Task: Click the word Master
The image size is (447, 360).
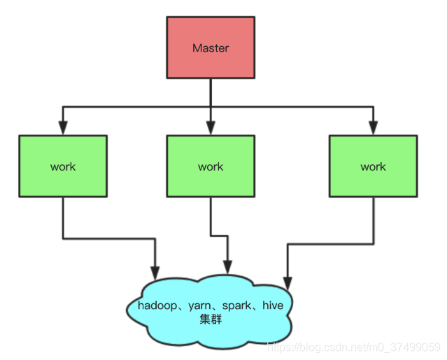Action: [x=211, y=48]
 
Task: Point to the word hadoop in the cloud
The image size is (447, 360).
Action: [x=159, y=305]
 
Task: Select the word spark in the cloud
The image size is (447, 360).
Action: [x=238, y=305]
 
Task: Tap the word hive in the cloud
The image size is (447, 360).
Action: [x=273, y=305]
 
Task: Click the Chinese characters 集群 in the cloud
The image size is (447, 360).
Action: [x=211, y=318]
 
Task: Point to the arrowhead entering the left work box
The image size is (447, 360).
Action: [x=63, y=129]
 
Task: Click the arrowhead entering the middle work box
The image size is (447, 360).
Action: [x=211, y=129]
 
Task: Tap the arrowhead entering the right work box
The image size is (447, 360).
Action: [x=373, y=129]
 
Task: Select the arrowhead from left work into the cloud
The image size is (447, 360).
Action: [x=155, y=270]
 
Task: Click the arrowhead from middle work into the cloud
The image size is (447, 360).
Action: [x=227, y=266]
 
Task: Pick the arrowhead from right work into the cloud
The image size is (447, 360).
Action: [x=287, y=282]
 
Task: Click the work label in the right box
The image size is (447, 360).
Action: [x=373, y=166]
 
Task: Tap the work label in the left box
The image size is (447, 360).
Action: [x=63, y=166]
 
